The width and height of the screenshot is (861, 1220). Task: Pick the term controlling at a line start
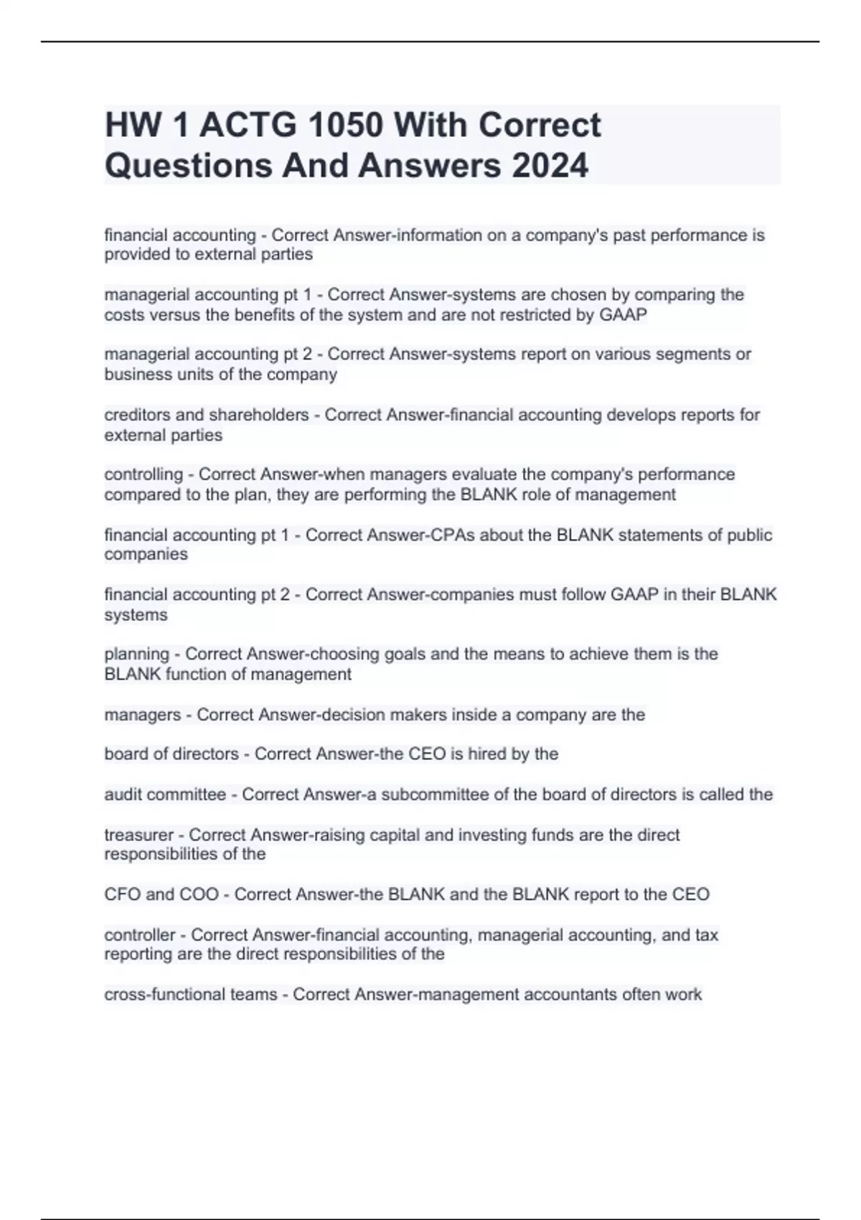point(143,474)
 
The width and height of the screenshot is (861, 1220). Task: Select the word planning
point(136,654)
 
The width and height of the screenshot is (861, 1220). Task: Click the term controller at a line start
point(140,935)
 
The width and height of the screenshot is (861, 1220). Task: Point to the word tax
point(706,935)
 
